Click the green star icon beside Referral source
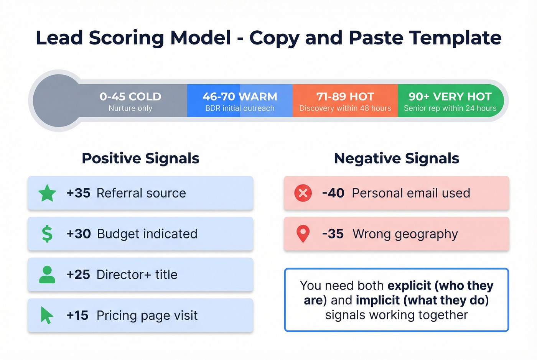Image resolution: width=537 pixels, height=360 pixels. point(48,193)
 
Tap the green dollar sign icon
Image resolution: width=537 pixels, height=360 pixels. point(47,234)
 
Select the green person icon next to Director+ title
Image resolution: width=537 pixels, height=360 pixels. point(47,275)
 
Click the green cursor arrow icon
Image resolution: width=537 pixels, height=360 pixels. point(47,315)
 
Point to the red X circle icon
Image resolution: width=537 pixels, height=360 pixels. point(303,193)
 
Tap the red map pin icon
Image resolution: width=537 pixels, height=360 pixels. point(303,233)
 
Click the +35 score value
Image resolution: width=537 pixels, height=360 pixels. point(78,193)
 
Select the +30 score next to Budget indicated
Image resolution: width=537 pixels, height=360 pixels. point(79,234)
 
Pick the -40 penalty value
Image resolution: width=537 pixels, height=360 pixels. point(333,193)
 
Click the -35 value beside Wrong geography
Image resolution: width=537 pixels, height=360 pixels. point(333,234)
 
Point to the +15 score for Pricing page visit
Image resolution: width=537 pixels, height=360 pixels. point(77,315)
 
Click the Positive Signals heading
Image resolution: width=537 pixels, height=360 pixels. point(140,158)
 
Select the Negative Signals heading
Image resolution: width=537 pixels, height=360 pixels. point(397,158)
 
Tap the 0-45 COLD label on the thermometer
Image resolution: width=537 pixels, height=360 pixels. point(130,97)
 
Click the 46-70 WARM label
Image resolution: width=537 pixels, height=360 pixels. point(240,97)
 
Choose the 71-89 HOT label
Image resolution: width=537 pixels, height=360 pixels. point(345,97)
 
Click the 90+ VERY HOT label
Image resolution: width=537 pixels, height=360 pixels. point(450,97)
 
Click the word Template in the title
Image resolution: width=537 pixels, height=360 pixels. point(455,38)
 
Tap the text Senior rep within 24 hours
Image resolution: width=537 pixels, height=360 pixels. point(450,108)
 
